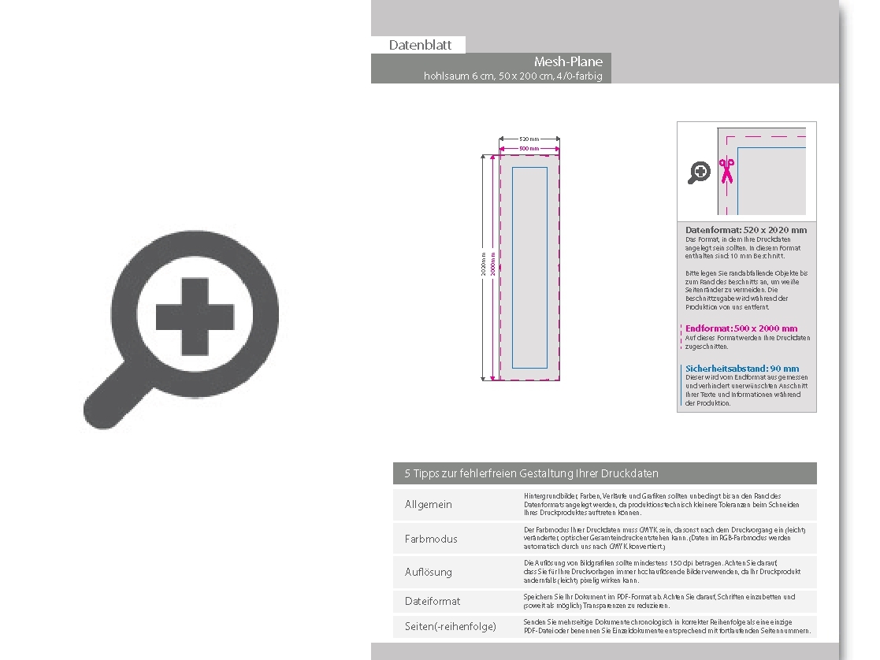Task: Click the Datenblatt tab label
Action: coord(420,45)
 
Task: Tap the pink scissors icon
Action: coord(726,170)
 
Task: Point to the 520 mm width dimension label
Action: coord(529,139)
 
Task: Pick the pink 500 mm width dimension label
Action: coord(529,148)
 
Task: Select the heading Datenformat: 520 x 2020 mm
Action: coord(746,230)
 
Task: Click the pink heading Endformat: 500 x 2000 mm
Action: coord(741,328)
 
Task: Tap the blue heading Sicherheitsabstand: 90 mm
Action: coord(741,368)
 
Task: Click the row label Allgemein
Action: coord(429,504)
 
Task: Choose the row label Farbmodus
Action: coord(431,539)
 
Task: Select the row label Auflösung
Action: coord(429,572)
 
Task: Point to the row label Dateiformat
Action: coord(433,601)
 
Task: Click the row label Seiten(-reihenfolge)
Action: coord(450,626)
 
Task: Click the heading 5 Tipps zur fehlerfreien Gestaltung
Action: coord(531,473)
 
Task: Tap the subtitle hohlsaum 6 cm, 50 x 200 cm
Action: coord(513,76)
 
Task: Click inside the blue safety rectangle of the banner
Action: coord(529,268)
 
